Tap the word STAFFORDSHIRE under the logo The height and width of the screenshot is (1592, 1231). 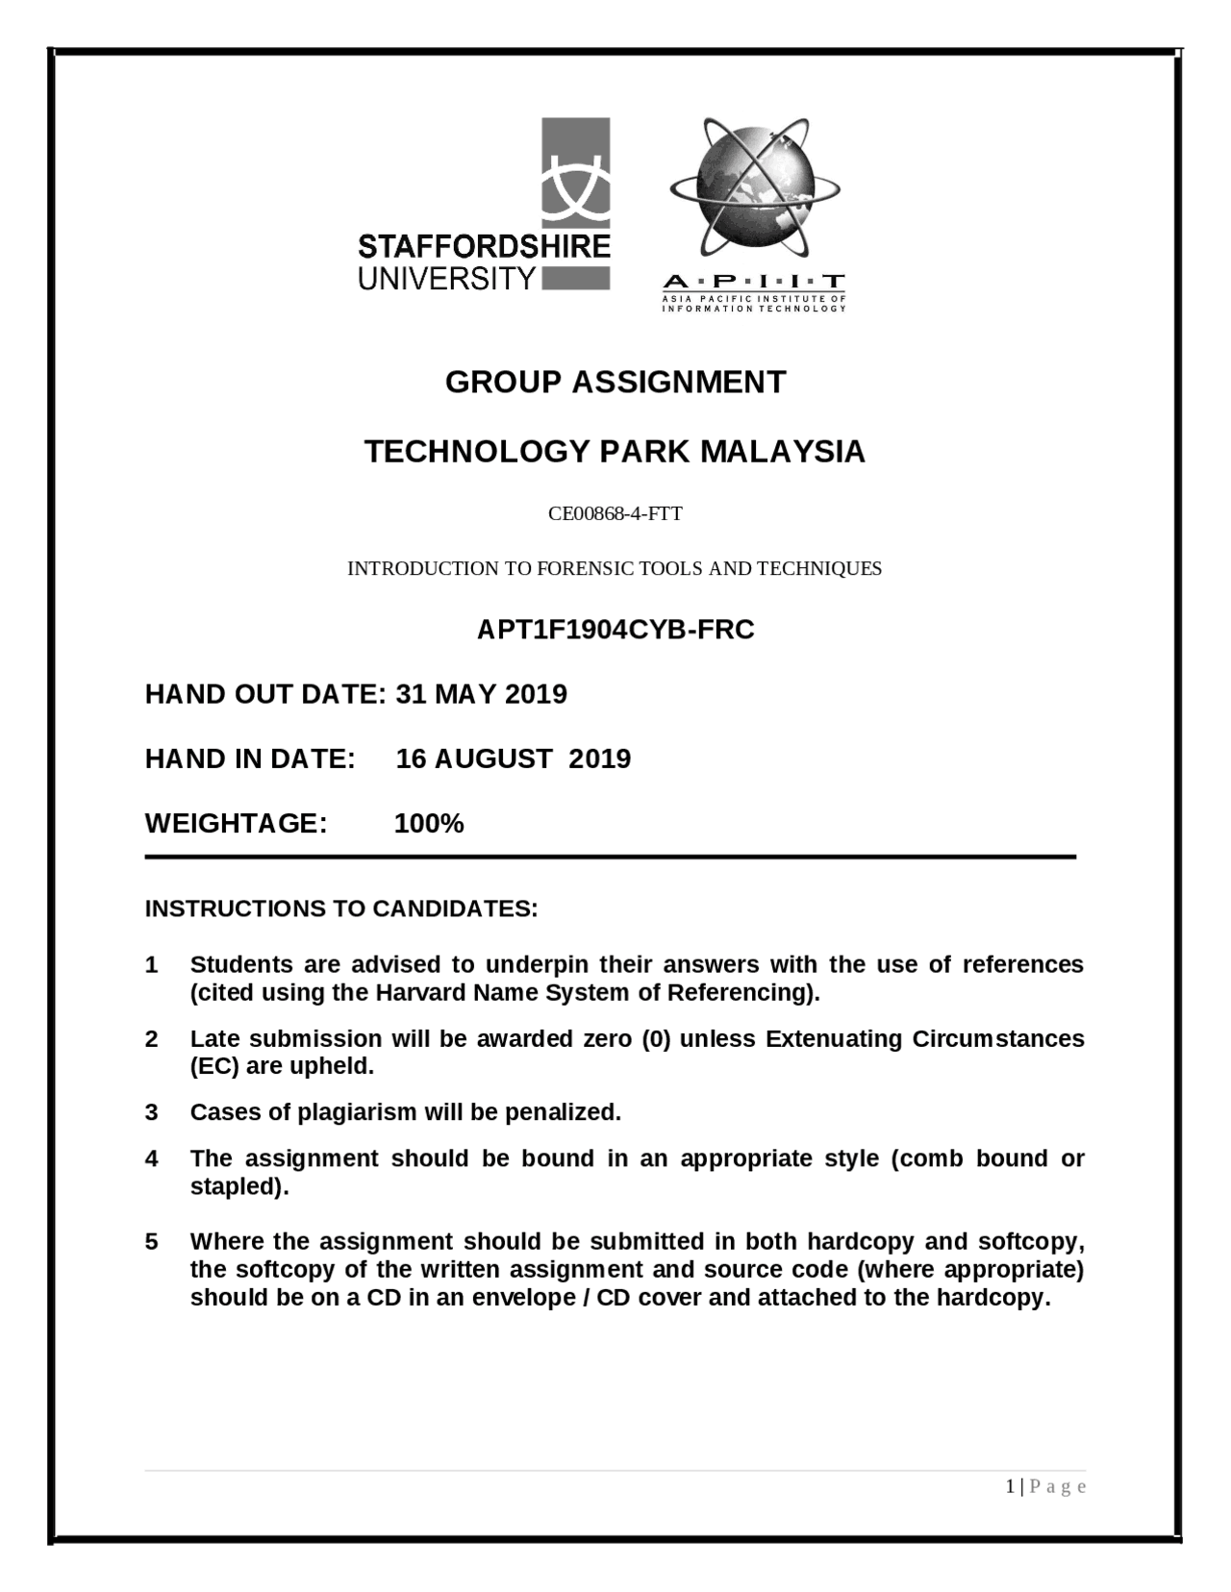tap(484, 247)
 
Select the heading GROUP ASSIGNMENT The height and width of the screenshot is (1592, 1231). tap(615, 383)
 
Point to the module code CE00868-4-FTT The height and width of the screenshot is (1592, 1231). tap(615, 513)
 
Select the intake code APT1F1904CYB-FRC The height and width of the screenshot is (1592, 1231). tap(615, 630)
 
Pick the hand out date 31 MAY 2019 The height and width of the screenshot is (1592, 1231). tap(481, 694)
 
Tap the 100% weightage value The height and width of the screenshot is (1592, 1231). tap(429, 824)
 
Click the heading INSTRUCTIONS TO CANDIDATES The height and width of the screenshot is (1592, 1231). tap(341, 908)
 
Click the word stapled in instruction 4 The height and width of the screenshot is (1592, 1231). tap(239, 1186)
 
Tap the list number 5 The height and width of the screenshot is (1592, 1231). tap(151, 1242)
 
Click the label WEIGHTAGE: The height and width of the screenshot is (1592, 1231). tap(237, 824)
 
